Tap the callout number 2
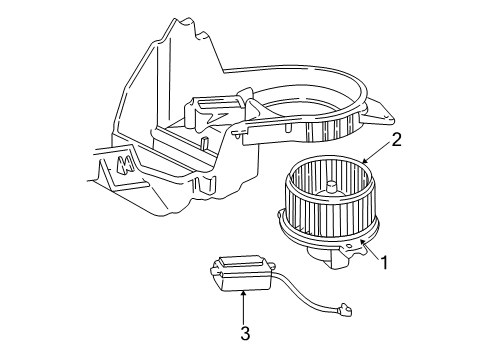click(397, 141)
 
